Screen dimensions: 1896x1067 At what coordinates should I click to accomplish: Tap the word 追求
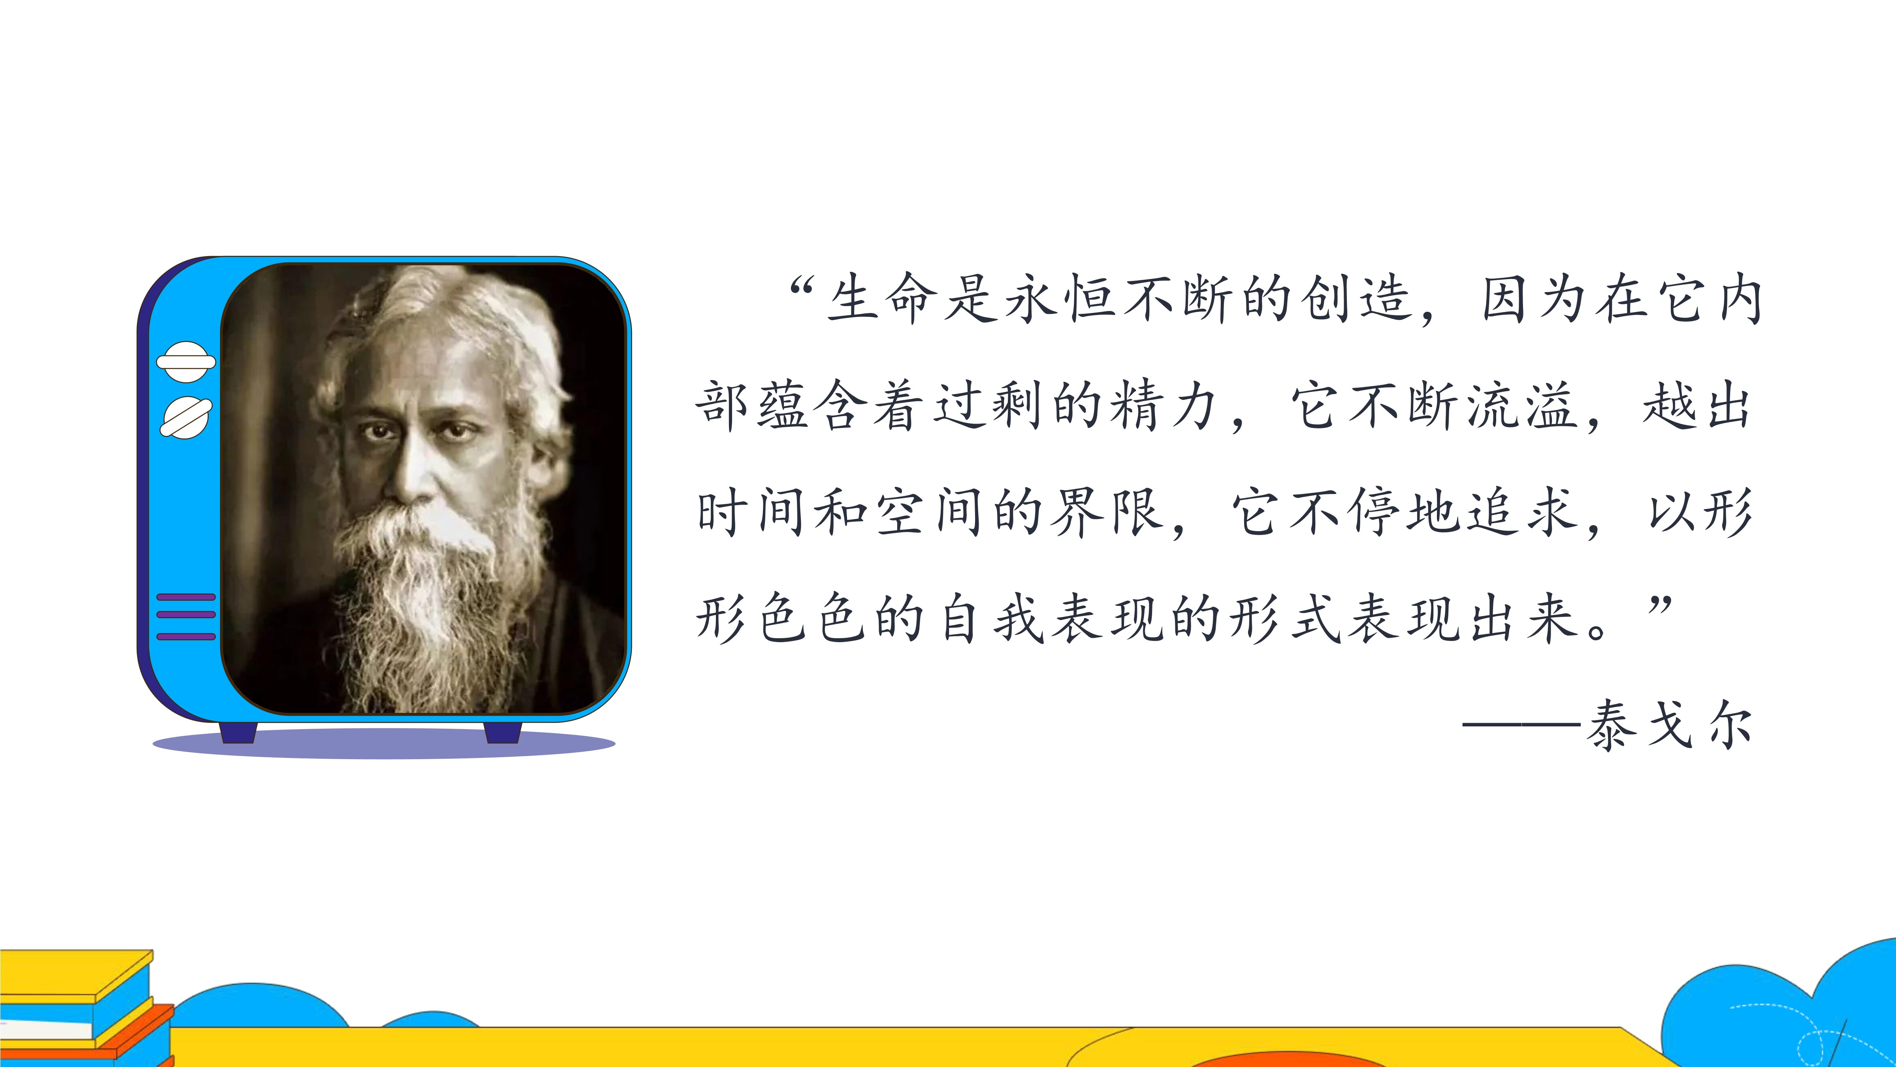click(x=1522, y=512)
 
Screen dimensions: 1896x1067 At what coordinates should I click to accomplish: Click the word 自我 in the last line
click(x=992, y=618)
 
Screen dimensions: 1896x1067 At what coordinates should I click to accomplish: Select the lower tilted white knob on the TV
click(x=186, y=418)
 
